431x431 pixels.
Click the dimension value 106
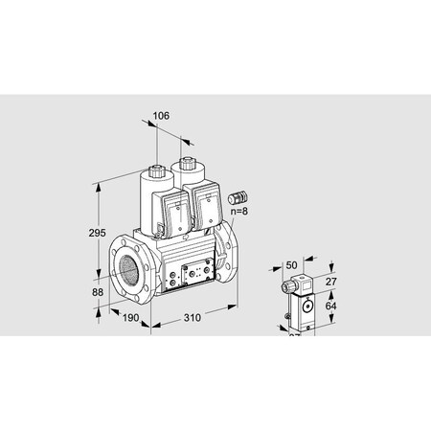click(x=160, y=116)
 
